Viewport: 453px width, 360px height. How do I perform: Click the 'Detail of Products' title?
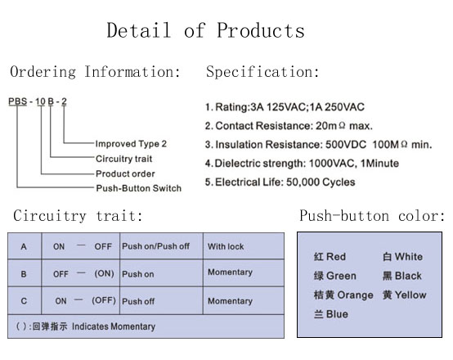click(206, 30)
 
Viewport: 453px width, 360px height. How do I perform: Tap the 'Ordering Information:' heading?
click(95, 72)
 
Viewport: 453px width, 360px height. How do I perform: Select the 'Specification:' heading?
click(262, 72)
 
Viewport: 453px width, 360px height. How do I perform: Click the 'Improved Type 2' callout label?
click(131, 144)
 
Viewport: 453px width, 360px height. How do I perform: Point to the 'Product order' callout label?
click(125, 173)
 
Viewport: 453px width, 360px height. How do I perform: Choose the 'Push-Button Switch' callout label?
click(139, 188)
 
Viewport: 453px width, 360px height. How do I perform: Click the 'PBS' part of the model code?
click(18, 101)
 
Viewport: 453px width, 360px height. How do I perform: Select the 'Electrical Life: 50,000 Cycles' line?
click(280, 182)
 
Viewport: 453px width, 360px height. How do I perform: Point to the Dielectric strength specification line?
click(302, 164)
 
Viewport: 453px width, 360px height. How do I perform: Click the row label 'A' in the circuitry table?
click(24, 246)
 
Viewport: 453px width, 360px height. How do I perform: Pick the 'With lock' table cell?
click(226, 246)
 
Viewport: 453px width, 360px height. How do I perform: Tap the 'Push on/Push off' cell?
click(155, 246)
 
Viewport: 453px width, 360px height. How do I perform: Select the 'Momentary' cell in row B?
click(231, 272)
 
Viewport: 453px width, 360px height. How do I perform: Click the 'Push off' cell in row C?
click(138, 301)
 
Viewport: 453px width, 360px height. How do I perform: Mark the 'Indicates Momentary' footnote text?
click(114, 326)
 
